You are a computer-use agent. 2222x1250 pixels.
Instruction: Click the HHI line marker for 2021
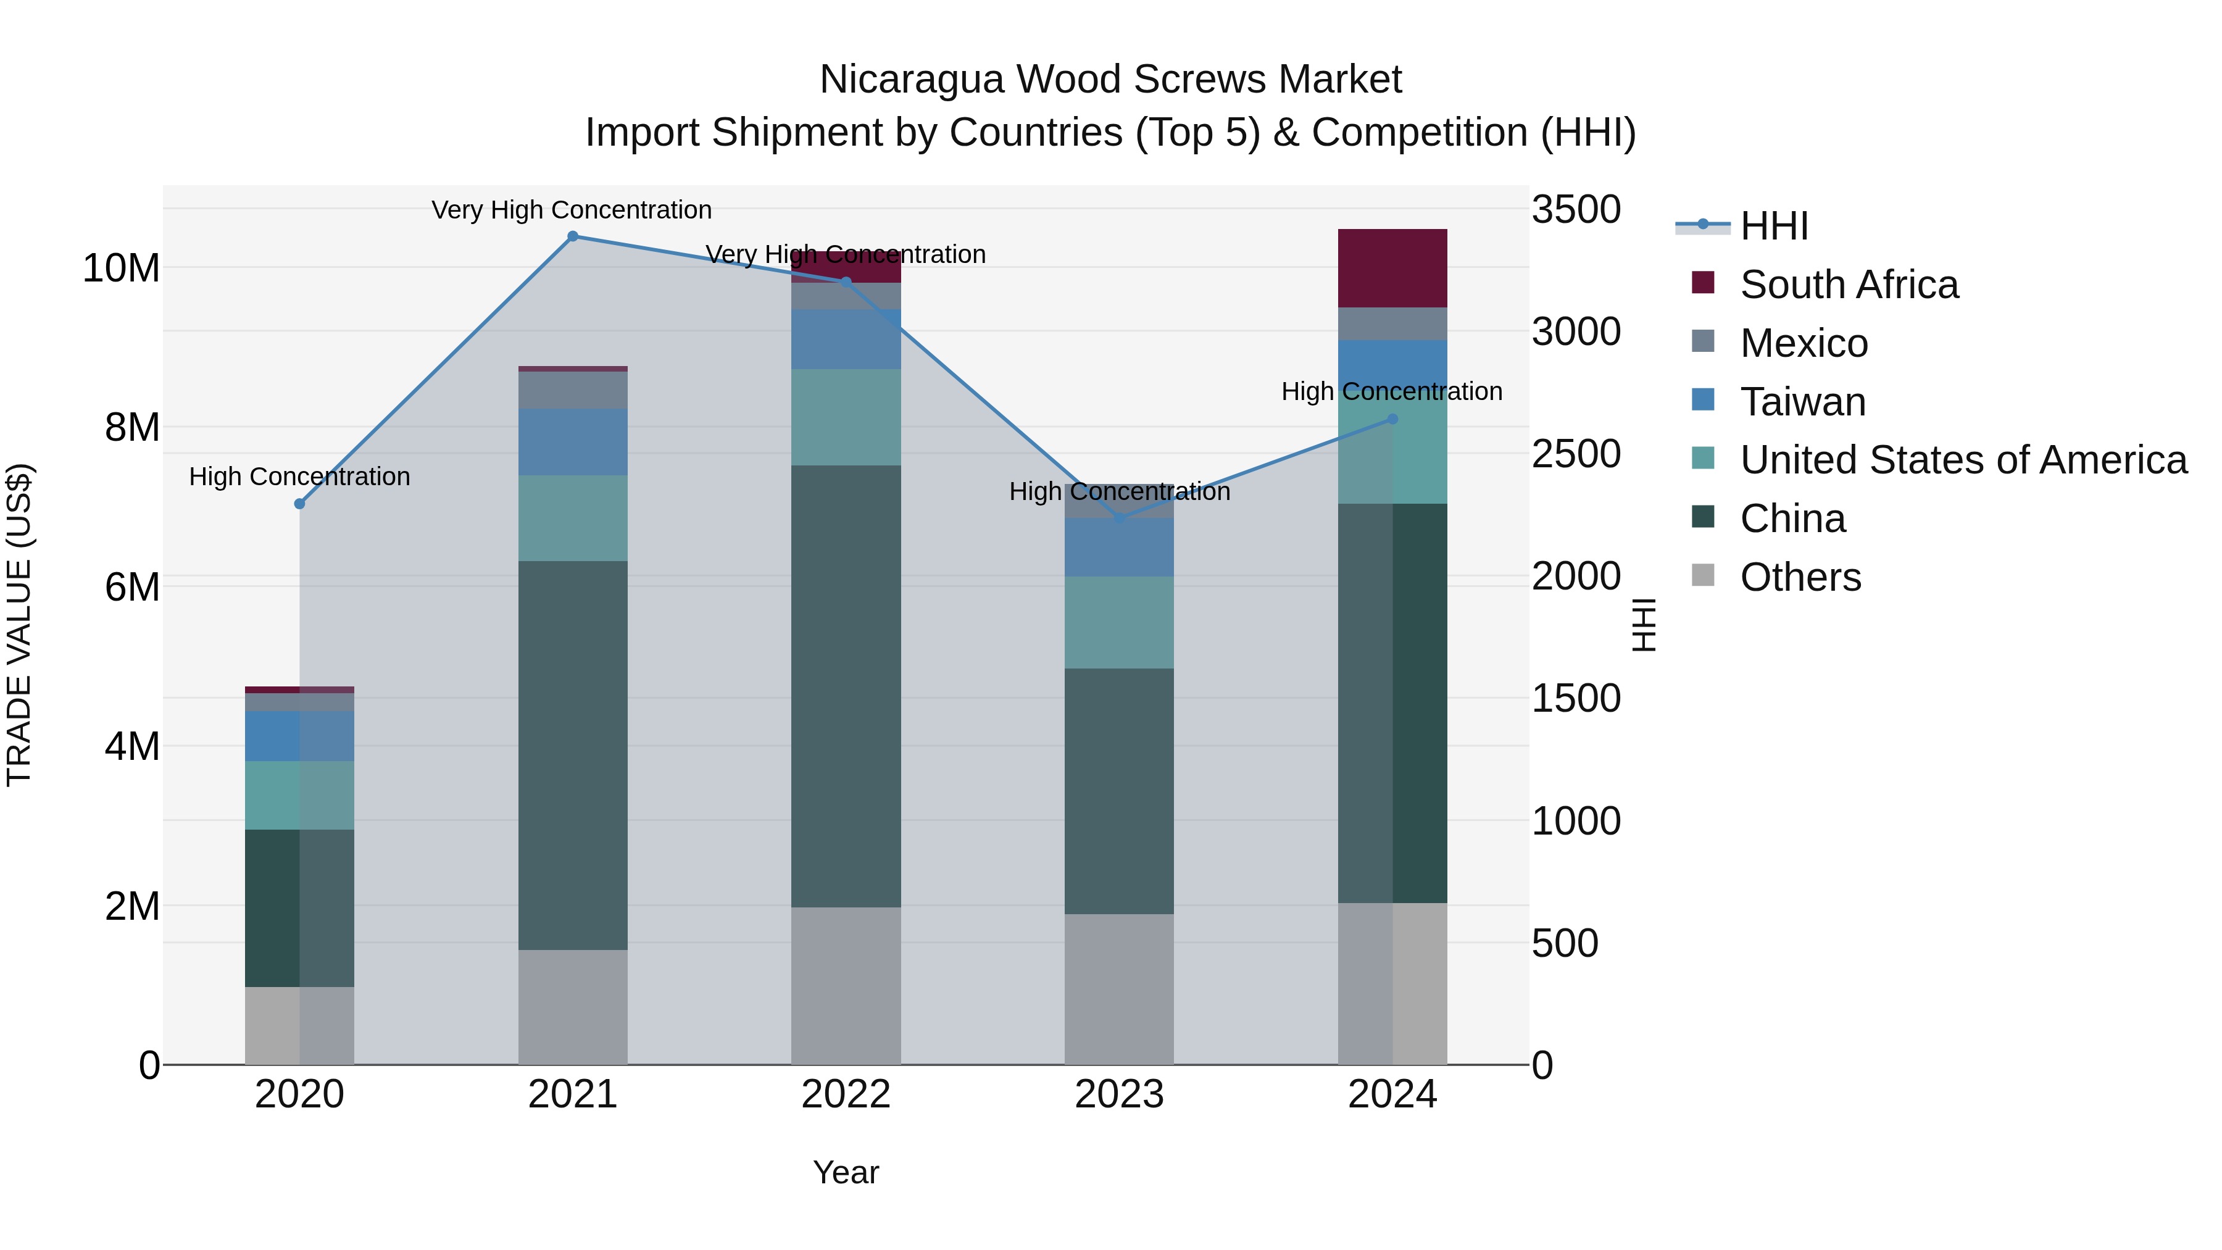pos(573,236)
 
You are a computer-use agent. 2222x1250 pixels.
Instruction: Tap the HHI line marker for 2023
pos(1120,519)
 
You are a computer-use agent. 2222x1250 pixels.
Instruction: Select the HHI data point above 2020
pos(299,504)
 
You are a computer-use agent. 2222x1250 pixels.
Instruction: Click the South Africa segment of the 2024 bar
pos(1392,269)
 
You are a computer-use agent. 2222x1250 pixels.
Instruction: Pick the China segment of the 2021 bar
pos(573,755)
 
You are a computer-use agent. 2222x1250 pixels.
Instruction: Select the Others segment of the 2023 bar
pos(1119,989)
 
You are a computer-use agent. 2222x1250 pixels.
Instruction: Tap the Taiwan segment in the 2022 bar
pos(846,339)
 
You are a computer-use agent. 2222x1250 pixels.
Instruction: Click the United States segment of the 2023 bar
pos(1119,622)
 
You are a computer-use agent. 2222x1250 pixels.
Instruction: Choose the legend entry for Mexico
pos(1804,343)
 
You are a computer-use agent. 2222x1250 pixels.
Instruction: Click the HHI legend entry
pos(1773,226)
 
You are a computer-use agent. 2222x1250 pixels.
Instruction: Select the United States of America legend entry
pos(1962,460)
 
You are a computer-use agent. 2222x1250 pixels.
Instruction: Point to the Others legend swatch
pos(1703,575)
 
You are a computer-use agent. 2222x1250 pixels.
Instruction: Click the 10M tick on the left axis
pos(121,269)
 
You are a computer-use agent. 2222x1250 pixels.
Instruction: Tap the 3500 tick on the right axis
pos(1576,210)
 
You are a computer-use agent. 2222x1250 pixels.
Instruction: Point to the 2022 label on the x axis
pos(846,1094)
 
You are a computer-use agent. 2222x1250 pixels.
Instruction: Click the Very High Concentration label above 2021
pos(571,210)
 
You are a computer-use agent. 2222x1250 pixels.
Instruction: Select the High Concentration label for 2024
pos(1391,391)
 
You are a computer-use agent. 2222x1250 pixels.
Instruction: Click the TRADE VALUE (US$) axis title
pos(19,625)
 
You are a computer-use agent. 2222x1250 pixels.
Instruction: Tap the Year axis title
pos(846,1172)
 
